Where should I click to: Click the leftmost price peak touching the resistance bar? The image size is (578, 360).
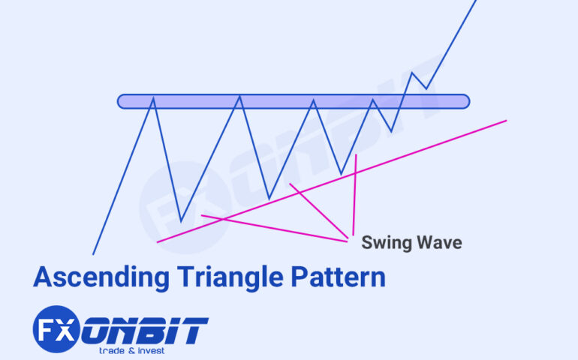click(x=154, y=97)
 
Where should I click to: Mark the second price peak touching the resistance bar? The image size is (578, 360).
click(x=240, y=97)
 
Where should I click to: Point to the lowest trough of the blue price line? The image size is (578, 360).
click(x=181, y=221)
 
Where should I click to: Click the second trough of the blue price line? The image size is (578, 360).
click(x=269, y=199)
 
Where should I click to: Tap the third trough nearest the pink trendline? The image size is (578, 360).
click(x=342, y=175)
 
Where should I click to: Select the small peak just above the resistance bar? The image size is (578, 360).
click(x=412, y=73)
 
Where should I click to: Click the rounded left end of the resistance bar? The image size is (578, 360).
click(x=121, y=100)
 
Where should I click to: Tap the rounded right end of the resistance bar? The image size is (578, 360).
click(x=466, y=100)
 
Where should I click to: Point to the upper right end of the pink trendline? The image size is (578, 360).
click(x=506, y=120)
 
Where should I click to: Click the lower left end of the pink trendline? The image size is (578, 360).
click(x=158, y=241)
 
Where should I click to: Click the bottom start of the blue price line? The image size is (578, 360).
click(x=93, y=254)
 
